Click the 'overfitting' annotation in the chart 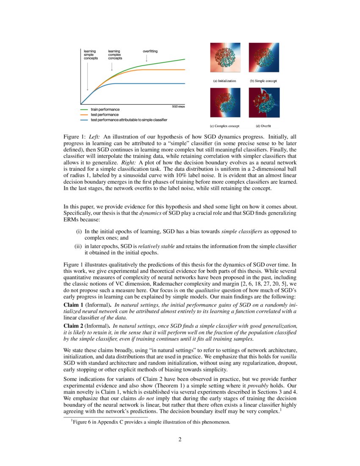click(x=150, y=51)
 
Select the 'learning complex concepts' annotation click(x=115, y=55)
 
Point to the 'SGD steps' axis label click(x=178, y=106)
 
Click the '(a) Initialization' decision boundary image click(x=225, y=58)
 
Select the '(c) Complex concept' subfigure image click(x=225, y=103)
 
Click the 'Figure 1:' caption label click(x=75, y=137)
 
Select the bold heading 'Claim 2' click(x=73, y=325)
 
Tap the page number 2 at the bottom click(x=180, y=439)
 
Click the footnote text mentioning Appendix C click(x=151, y=422)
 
